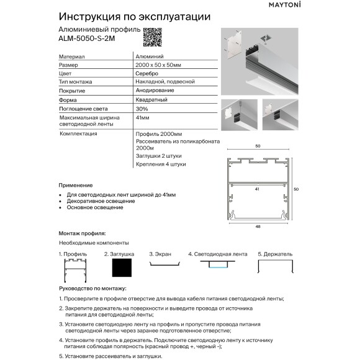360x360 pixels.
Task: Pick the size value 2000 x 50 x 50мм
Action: coord(158,65)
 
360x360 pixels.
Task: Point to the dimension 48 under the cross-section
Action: coord(257,227)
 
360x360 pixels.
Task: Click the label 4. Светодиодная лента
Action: coord(217,254)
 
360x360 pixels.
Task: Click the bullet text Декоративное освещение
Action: coord(101,200)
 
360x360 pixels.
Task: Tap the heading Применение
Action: coord(76,185)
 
